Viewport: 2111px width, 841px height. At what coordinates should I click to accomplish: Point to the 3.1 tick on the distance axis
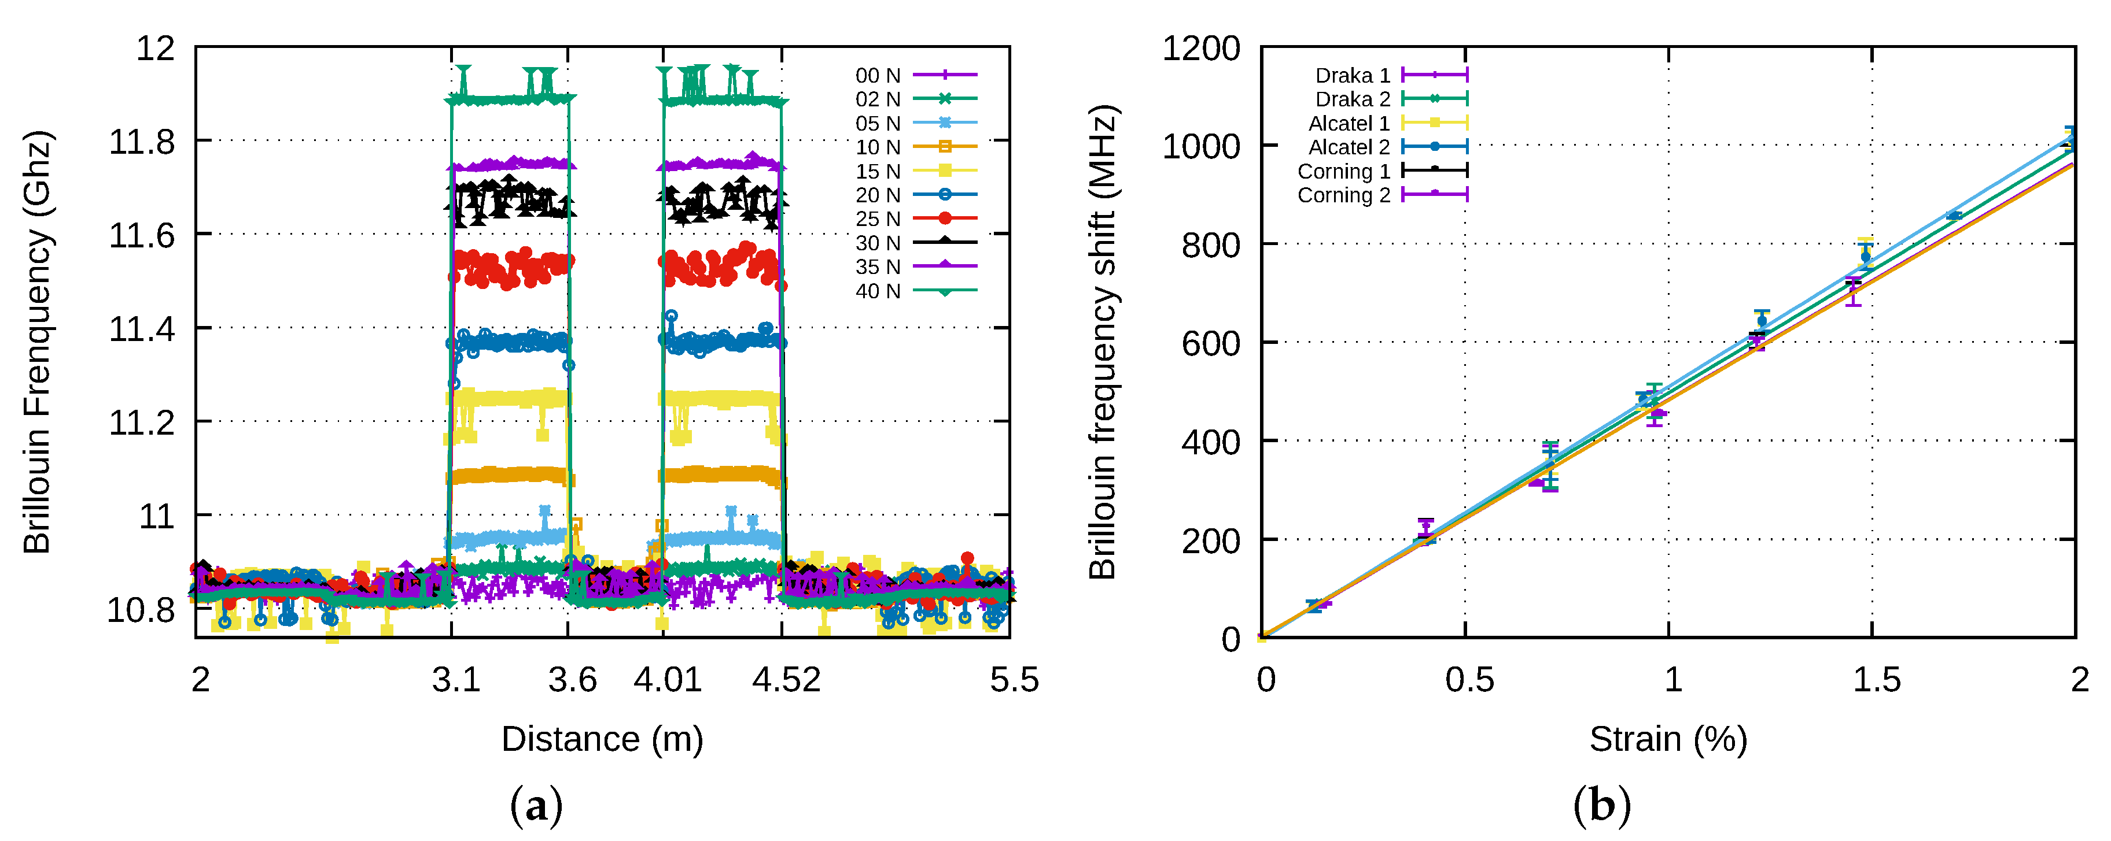click(x=456, y=680)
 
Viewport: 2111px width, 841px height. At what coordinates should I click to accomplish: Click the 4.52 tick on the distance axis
click(x=786, y=680)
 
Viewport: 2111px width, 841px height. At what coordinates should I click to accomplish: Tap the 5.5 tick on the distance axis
click(x=1014, y=680)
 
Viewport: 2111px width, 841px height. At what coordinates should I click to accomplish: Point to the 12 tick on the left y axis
click(x=156, y=49)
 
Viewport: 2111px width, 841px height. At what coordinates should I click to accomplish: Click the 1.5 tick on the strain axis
click(x=1877, y=680)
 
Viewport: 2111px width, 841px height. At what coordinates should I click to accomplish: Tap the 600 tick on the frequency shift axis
click(x=1210, y=344)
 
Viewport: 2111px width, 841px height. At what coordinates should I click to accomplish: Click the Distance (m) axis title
click(x=602, y=739)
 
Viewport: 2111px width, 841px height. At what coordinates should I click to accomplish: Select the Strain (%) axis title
click(x=1668, y=739)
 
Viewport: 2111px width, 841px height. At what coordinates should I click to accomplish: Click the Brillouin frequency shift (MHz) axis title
click(x=1103, y=342)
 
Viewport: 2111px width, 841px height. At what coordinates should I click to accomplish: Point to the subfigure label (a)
click(x=537, y=806)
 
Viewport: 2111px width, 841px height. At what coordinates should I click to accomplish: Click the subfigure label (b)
click(x=1602, y=806)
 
